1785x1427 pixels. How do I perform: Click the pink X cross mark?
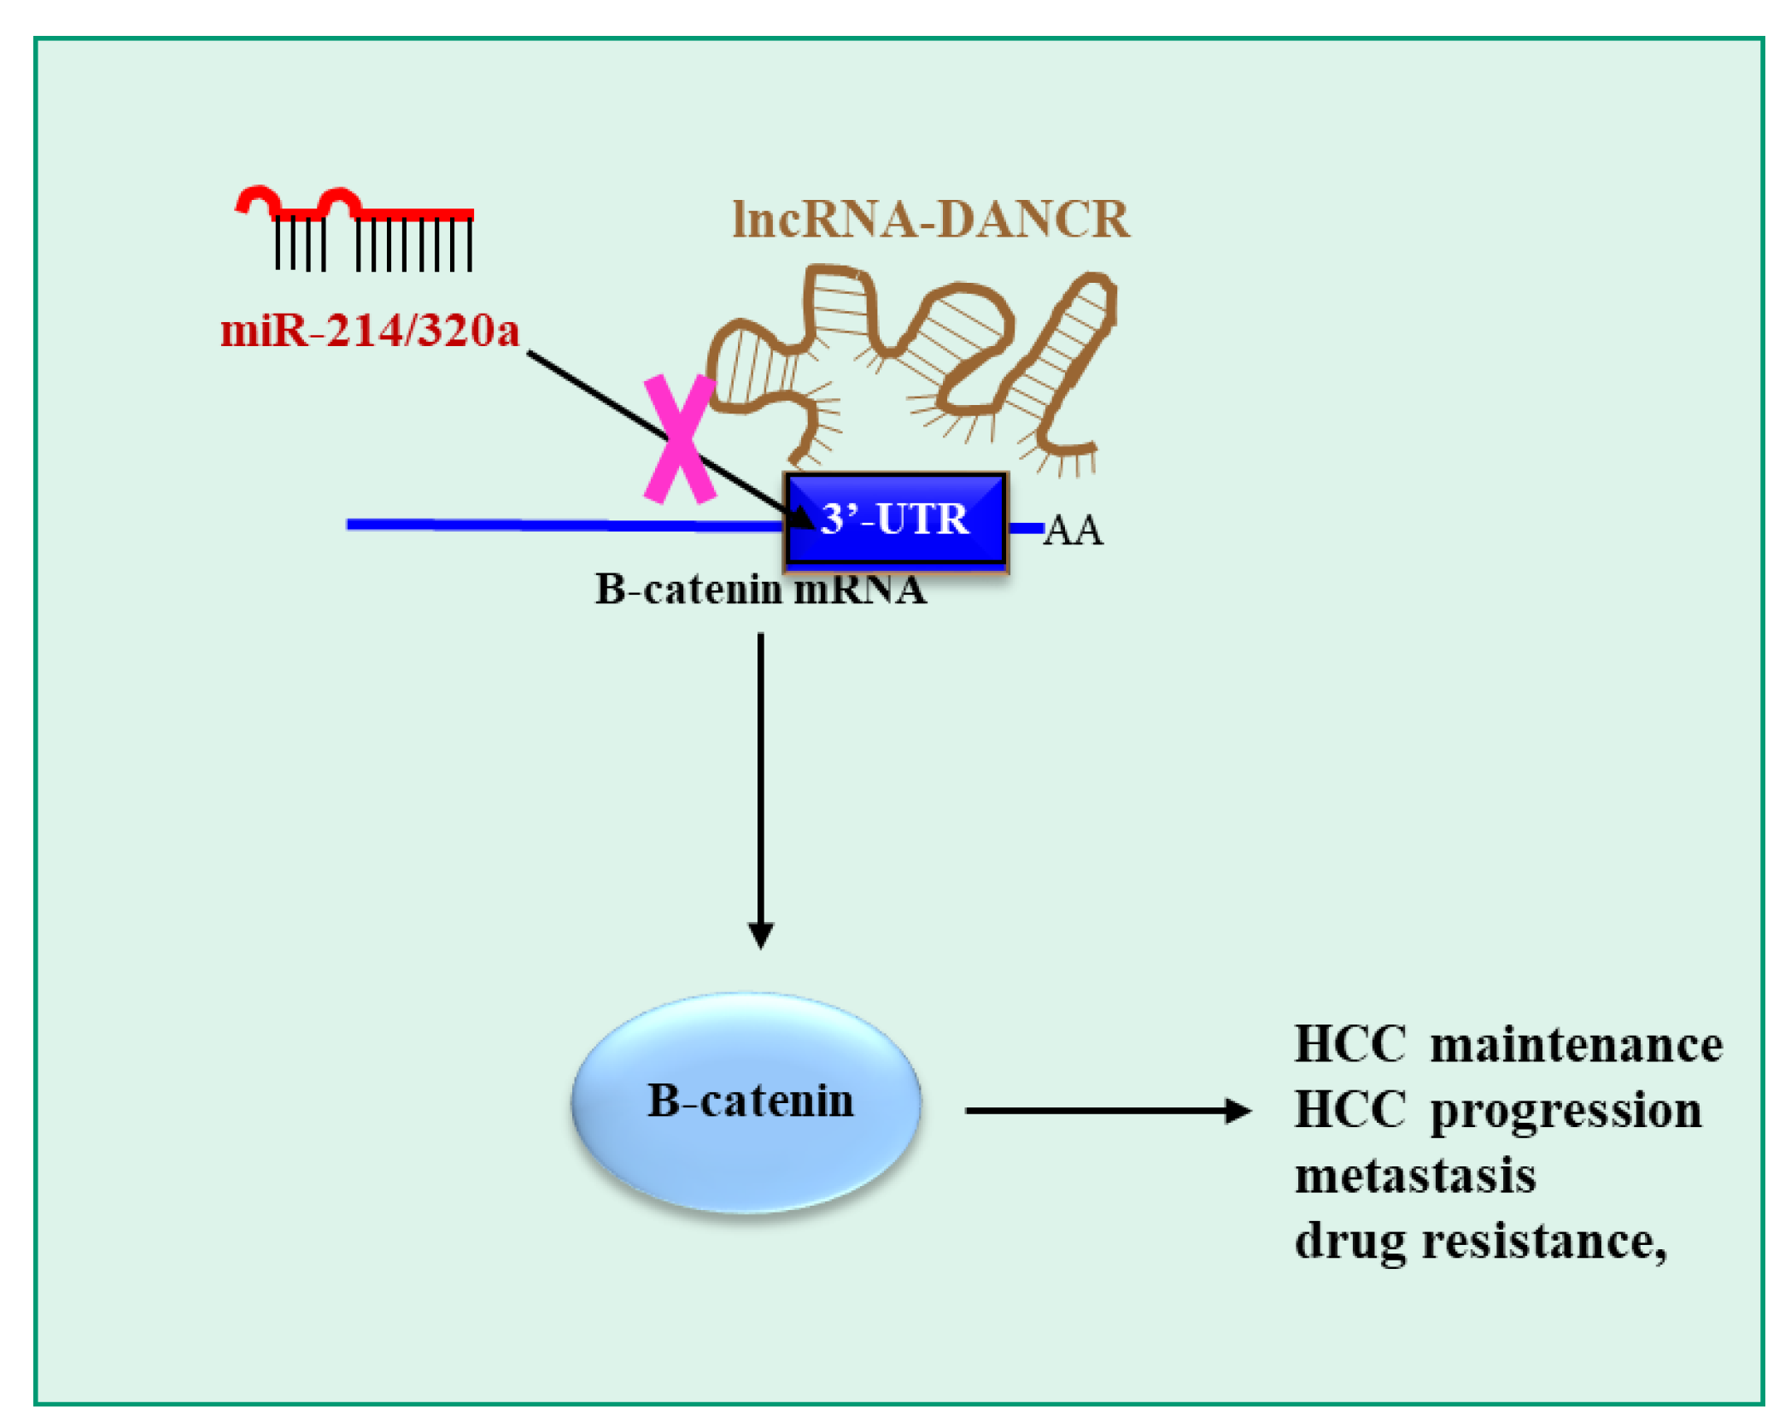tap(679, 439)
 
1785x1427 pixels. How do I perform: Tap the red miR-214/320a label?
tap(369, 331)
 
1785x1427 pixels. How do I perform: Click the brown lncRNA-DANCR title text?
tap(931, 220)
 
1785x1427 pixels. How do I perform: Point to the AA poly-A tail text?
tap(1073, 531)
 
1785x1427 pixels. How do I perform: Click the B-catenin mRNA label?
tap(759, 590)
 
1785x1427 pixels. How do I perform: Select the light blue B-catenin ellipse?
tap(746, 1102)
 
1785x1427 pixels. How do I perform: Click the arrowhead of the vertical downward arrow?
tap(760, 935)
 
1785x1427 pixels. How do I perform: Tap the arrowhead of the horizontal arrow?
tap(1238, 1111)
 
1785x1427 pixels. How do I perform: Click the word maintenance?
tap(1576, 1045)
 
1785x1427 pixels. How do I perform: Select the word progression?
tap(1566, 1111)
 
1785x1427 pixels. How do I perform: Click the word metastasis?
tap(1415, 1176)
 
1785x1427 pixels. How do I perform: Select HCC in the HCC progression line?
tap(1349, 1111)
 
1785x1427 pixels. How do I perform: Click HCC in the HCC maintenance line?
tap(1349, 1045)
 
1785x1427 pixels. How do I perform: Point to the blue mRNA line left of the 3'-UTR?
tap(555, 525)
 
